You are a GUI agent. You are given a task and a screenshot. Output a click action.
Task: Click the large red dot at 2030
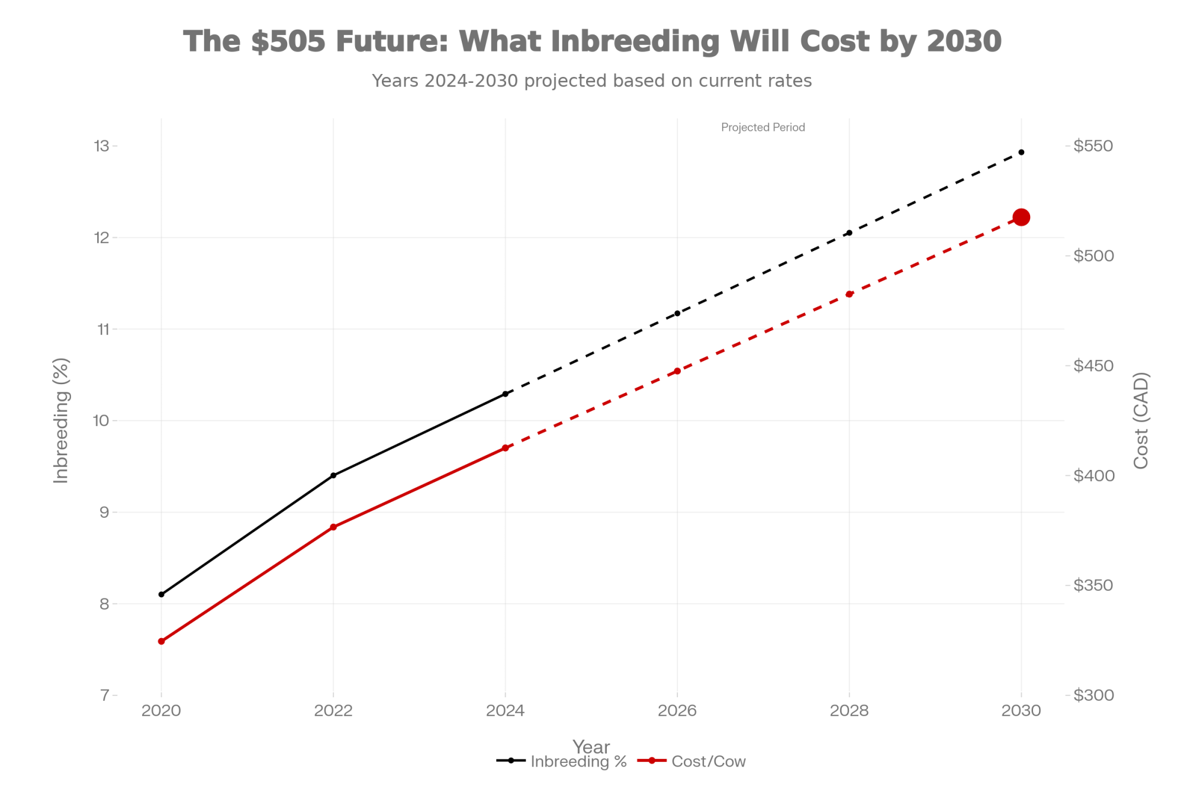1021,217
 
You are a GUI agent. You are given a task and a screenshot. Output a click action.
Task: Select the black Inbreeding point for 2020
161,594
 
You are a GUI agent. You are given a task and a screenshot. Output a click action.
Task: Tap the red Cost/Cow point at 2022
333,527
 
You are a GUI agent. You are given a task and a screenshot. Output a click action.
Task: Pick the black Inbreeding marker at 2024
505,394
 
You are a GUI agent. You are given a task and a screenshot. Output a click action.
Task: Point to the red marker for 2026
677,371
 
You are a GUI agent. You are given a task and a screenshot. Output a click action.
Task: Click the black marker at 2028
849,233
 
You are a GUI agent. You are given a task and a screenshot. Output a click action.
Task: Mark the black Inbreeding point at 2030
1021,152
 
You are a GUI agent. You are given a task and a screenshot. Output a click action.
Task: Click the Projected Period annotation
762,127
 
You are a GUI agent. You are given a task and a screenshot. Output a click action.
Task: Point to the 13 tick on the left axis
102,146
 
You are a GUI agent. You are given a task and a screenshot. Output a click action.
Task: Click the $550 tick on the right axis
1093,146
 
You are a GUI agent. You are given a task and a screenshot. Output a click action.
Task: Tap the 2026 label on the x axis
677,710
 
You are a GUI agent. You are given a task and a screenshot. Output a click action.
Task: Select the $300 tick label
1093,695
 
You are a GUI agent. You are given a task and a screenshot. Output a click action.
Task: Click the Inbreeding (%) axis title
61,420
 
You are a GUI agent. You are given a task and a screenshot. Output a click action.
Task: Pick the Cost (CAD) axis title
1140,420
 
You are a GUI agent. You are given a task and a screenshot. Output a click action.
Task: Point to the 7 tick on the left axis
105,695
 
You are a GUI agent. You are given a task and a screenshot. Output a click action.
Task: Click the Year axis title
591,746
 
